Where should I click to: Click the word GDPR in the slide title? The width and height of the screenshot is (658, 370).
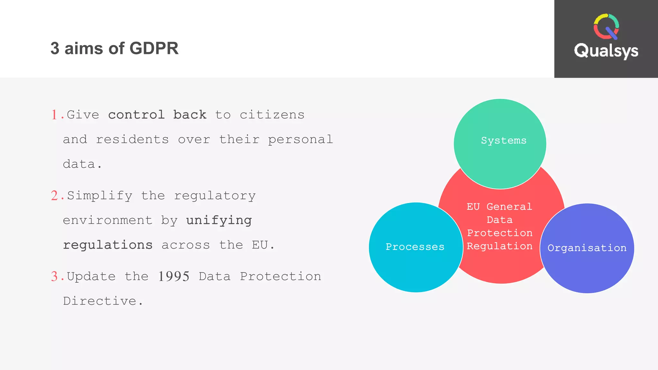pos(154,48)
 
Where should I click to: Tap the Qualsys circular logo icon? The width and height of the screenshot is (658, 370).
pos(606,27)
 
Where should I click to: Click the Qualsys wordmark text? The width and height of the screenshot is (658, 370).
pos(606,51)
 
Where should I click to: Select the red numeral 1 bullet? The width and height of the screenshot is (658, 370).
pos(54,115)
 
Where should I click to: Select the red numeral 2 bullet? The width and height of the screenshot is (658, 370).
pos(54,196)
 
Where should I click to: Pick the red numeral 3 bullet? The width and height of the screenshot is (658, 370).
pos(54,277)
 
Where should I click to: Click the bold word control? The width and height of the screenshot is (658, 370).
pos(136,115)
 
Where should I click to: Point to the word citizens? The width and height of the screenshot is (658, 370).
pos(272,115)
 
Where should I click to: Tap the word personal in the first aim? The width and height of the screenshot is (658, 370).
pos(300,140)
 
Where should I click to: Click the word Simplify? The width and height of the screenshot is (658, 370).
pos(100,196)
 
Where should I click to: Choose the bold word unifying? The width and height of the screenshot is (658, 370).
pos(219,220)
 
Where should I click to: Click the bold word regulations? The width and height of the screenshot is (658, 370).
pos(108,245)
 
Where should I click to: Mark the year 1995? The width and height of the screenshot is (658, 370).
pos(173,277)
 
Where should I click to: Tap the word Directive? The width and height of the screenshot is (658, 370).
pos(100,301)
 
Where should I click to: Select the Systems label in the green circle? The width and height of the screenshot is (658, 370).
pos(503,140)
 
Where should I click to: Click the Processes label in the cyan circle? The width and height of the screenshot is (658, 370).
pos(415,247)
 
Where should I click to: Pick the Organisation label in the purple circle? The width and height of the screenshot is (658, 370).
pos(587,248)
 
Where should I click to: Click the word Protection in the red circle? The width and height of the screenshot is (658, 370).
pos(500,233)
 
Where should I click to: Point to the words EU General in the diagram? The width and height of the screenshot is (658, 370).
pos(499,207)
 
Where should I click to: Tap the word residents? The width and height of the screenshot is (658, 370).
pos(132,140)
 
